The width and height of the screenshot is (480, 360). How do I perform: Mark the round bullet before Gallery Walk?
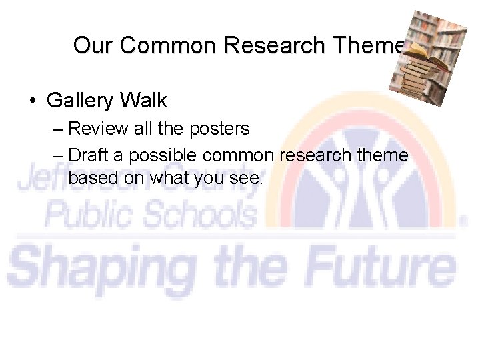pos(32,101)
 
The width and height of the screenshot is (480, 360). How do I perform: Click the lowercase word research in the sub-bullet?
pos(311,155)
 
